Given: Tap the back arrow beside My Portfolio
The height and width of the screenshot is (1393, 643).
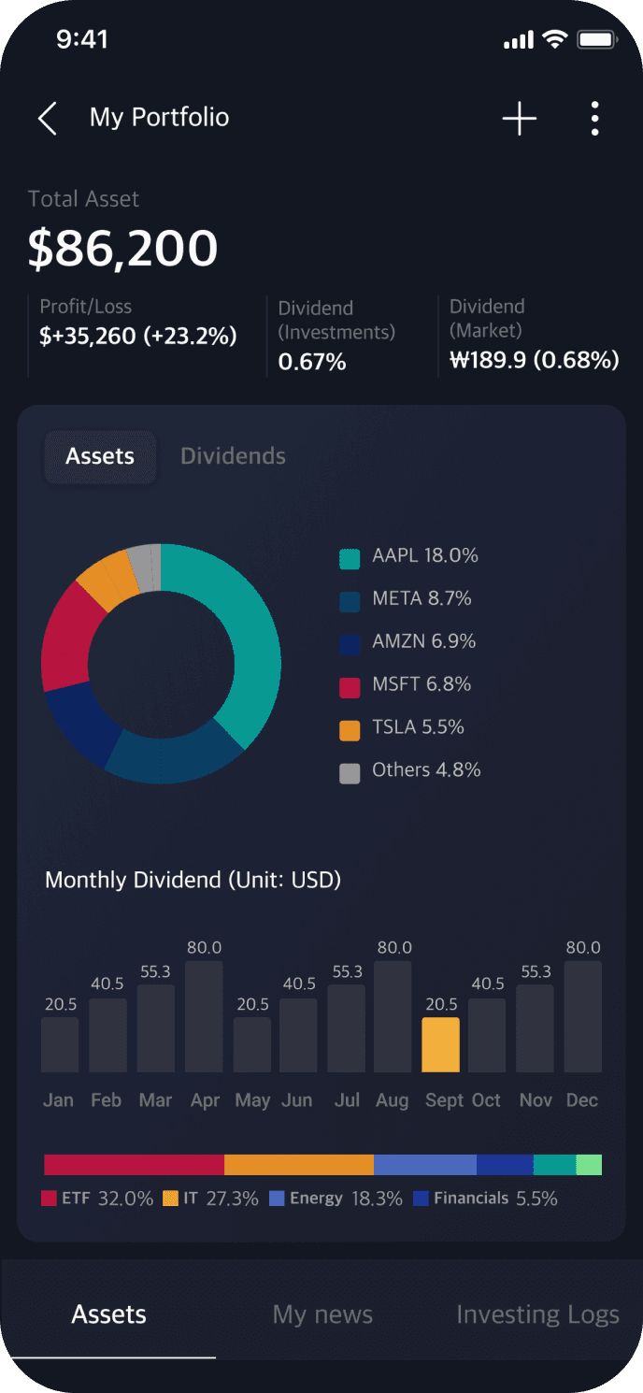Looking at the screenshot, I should pos(47,119).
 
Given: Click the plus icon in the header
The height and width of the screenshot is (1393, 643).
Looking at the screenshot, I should pos(520,119).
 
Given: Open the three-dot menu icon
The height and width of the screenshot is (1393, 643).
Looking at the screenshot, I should pos(594,119).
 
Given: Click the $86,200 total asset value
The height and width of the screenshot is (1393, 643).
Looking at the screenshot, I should pos(122,249).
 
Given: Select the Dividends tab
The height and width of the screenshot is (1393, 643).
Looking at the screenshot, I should pos(233,456).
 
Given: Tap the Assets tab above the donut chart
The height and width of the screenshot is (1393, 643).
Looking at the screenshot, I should pos(100,456).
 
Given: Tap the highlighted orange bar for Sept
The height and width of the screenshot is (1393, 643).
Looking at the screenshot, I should pos(440,1044).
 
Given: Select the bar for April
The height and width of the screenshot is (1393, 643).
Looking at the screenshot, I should pos(204,1016).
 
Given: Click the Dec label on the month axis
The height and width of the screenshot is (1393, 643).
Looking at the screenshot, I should pos(581,1100).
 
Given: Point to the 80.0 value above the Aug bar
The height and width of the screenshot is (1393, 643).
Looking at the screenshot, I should pos(393,947).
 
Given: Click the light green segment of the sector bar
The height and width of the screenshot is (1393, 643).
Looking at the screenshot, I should pos(589,1165).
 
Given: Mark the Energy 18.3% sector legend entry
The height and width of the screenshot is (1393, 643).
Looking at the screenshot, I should pos(336,1199).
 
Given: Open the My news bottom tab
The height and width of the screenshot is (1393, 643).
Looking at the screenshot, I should pos(322,1314).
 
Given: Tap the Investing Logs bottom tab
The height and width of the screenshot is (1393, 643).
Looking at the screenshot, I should pos(537,1314).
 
